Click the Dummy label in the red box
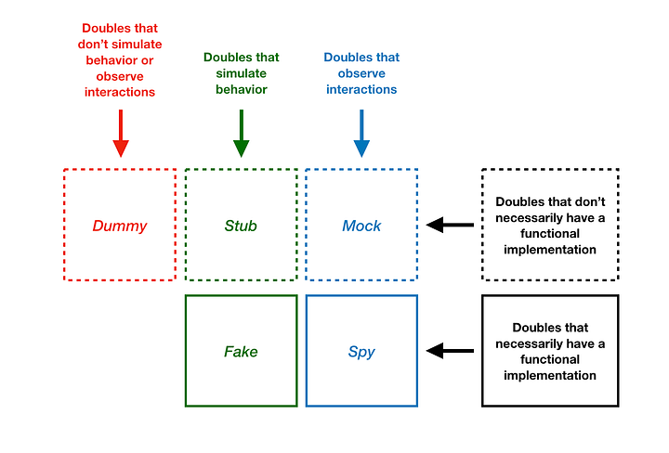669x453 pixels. click(119, 226)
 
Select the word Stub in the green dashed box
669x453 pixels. click(241, 226)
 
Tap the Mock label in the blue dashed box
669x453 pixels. click(361, 226)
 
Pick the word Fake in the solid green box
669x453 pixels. click(241, 352)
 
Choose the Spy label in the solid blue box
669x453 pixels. click(361, 352)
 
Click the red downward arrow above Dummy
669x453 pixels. click(120, 135)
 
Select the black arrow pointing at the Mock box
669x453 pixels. click(450, 225)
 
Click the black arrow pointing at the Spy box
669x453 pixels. click(450, 351)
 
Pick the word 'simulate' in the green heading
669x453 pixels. click(241, 73)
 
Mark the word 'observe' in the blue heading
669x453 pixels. click(361, 73)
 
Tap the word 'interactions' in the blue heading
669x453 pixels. click(361, 89)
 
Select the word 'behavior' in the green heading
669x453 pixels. click(241, 89)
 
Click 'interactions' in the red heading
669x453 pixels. click(120, 92)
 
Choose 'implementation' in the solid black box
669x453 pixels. click(550, 375)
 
